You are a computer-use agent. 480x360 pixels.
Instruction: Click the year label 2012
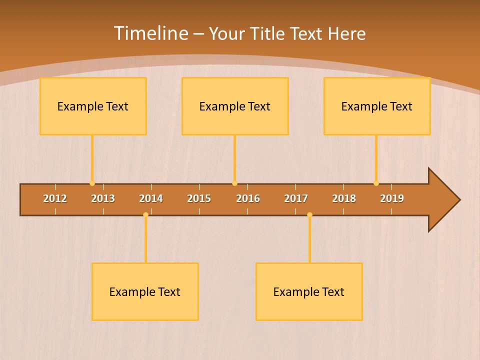pyautogui.click(x=55, y=198)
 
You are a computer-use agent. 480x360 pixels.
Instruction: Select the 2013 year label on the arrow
pyautogui.click(x=103, y=198)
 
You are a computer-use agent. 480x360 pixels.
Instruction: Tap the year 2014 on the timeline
pyautogui.click(x=151, y=198)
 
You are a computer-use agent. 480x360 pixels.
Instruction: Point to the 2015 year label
pyautogui.click(x=199, y=198)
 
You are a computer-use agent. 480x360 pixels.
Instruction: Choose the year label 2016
pyautogui.click(x=248, y=198)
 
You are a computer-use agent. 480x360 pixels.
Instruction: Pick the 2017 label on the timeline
pyautogui.click(x=296, y=198)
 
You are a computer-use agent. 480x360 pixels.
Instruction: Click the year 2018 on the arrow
pyautogui.click(x=344, y=198)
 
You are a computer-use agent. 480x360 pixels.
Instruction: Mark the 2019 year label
pyautogui.click(x=392, y=198)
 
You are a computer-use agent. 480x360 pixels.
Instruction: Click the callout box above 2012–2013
pyautogui.click(x=93, y=106)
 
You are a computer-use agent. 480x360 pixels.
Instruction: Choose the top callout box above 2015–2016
pyautogui.click(x=235, y=106)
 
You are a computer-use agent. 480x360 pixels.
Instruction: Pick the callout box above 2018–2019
pyautogui.click(x=377, y=106)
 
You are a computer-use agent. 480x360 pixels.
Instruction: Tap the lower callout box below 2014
pyautogui.click(x=145, y=291)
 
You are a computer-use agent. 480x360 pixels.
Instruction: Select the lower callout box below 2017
pyautogui.click(x=309, y=291)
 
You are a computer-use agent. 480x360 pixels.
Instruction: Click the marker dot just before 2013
pyautogui.click(x=92, y=183)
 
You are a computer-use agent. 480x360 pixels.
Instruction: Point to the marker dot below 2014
pyautogui.click(x=145, y=214)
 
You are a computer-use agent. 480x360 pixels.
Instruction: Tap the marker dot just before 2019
pyautogui.click(x=376, y=183)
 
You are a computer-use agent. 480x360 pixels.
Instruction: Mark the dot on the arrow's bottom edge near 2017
pyautogui.click(x=309, y=214)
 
